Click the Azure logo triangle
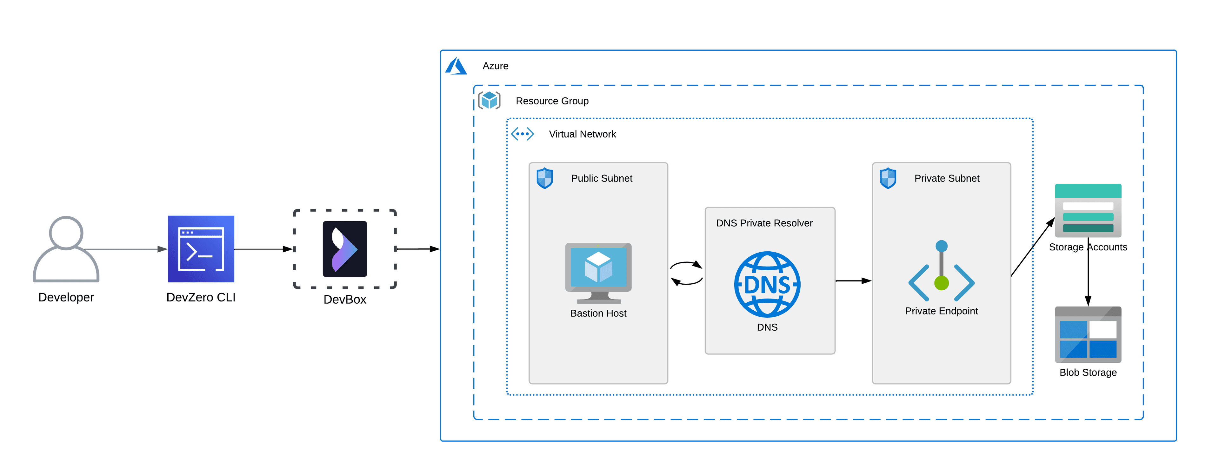(456, 66)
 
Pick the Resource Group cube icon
(489, 100)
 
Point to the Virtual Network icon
(523, 134)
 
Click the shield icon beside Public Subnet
(545, 178)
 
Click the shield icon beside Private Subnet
(888, 178)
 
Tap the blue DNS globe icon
(767, 284)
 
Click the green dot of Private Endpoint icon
(941, 283)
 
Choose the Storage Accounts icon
(1088, 211)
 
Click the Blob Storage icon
(1088, 335)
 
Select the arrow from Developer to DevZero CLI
(125, 249)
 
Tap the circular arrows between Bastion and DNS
(686, 273)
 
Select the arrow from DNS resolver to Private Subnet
(853, 281)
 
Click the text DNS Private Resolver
(764, 223)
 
